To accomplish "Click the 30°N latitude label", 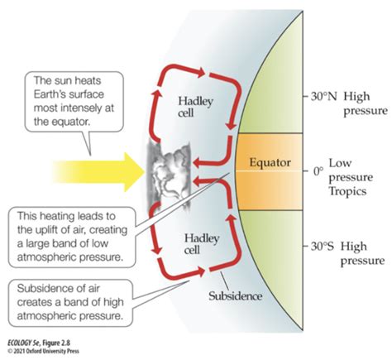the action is click(x=324, y=97).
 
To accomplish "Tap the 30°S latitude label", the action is click(x=323, y=246).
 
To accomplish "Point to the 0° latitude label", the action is click(x=318, y=171).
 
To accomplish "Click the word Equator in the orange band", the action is click(x=270, y=162).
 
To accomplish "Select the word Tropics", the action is click(x=347, y=191).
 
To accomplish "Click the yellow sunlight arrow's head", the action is click(x=134, y=172).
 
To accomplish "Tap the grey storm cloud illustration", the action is click(x=169, y=175).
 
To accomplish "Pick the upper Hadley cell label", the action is click(x=195, y=107).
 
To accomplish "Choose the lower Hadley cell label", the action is click(x=202, y=244).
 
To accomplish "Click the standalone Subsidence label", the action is click(x=235, y=296).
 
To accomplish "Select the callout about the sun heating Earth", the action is click(x=74, y=101).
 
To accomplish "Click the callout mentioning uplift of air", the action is click(x=72, y=237).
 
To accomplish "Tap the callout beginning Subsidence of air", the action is click(x=70, y=302).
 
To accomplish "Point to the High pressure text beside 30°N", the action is click(x=366, y=103).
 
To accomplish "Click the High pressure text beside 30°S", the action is click(x=362, y=253).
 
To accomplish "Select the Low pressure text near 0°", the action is click(x=351, y=170).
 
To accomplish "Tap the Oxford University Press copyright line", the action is click(x=44, y=351).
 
